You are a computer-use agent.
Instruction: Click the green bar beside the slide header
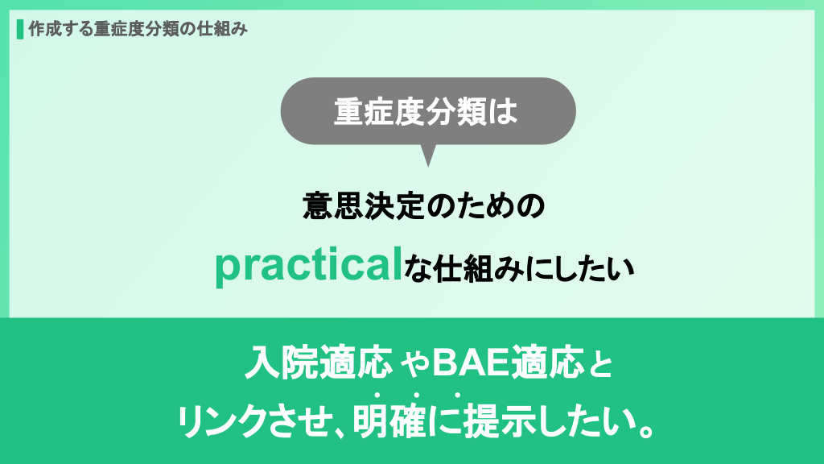tap(20, 30)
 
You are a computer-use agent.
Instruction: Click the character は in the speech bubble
tap(503, 111)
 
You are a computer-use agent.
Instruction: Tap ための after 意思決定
tap(485, 205)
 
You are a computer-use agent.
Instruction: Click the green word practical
tap(309, 266)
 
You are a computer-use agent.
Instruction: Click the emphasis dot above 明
tap(377, 395)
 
